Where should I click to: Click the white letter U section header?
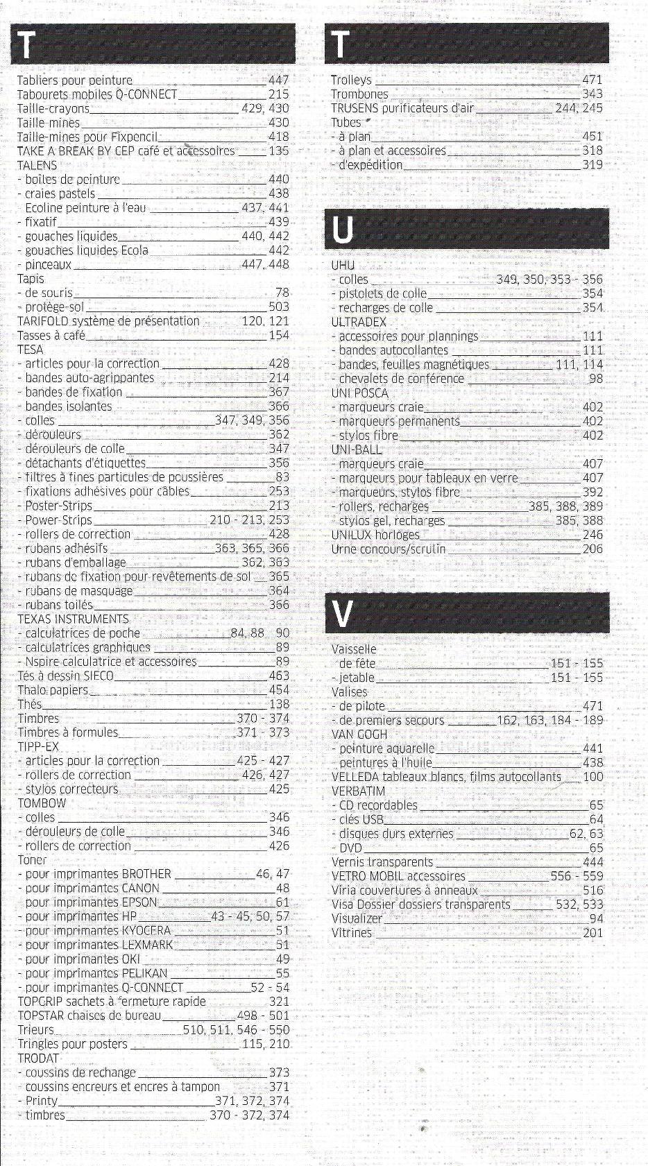click(x=343, y=230)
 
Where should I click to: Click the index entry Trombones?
click(x=359, y=94)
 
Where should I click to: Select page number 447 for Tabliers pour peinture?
click(x=278, y=80)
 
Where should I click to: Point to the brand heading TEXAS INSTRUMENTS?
click(x=73, y=619)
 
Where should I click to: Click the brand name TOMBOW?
click(x=42, y=803)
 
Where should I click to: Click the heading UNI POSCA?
click(x=359, y=393)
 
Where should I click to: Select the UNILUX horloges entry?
click(x=375, y=535)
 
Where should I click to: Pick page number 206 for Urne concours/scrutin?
click(x=592, y=549)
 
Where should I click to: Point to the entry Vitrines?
click(x=352, y=933)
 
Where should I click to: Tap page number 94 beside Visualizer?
click(x=596, y=918)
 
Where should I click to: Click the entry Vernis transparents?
click(x=382, y=862)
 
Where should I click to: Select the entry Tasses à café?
click(x=51, y=336)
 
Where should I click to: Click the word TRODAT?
click(x=38, y=1058)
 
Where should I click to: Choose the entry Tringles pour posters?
click(x=72, y=1044)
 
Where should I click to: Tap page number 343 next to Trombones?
click(x=592, y=94)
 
